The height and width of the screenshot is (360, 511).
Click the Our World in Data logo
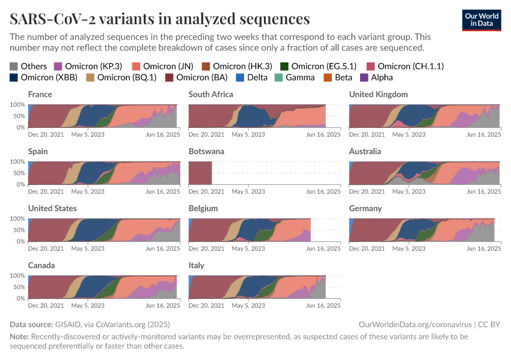pos(481,20)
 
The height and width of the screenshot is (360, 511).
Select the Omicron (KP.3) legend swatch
pos(58,66)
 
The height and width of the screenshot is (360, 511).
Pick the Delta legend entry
pos(252,77)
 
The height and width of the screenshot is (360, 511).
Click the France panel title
pos(40,94)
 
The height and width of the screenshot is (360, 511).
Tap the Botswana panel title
pos(206,151)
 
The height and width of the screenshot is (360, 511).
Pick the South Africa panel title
pos(210,94)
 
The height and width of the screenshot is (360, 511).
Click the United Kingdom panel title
pos(379,94)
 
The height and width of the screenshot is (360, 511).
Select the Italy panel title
pos(197,265)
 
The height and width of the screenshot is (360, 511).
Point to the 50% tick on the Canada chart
pos(18,287)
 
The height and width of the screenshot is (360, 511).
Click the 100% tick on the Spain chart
pos(17,161)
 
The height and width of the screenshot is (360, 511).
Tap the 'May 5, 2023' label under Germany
pos(409,248)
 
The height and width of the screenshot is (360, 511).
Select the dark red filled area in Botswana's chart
pos(200,173)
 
